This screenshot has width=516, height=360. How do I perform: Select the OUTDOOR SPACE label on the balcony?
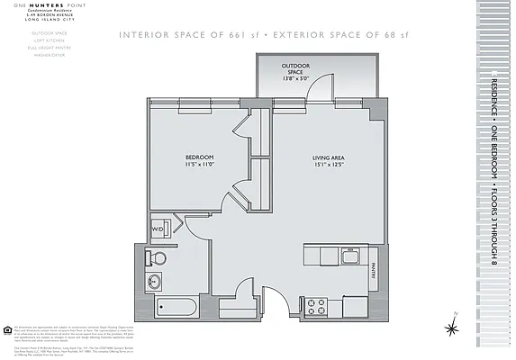click(x=295, y=68)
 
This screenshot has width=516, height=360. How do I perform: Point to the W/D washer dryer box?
click(x=157, y=229)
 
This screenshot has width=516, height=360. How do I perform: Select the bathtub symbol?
click(x=176, y=306)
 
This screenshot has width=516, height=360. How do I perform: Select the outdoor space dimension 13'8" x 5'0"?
click(x=295, y=78)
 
